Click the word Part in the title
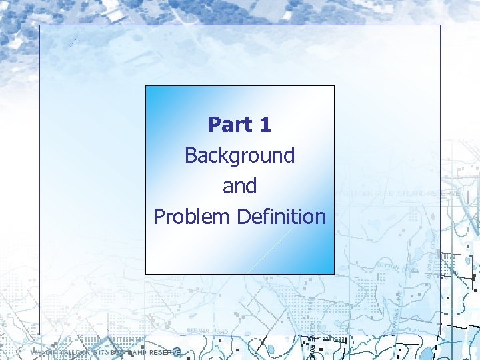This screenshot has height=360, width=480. point(229,125)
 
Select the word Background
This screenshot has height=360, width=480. point(239,156)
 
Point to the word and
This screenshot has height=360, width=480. point(239,186)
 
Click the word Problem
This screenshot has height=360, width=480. point(188,217)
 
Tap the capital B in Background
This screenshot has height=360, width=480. point(190,156)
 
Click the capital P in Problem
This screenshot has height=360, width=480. point(159,217)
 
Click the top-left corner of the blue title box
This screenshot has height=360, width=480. point(146,86)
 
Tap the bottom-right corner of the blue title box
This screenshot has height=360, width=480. point(334,273)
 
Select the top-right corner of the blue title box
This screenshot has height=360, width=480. point(334,86)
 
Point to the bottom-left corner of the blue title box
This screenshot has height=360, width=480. point(146,273)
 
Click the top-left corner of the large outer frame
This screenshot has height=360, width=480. point(39,25)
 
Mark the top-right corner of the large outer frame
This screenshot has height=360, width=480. point(441,25)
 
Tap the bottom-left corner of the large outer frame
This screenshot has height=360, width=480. point(39,335)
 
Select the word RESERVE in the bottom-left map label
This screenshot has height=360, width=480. point(165,352)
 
